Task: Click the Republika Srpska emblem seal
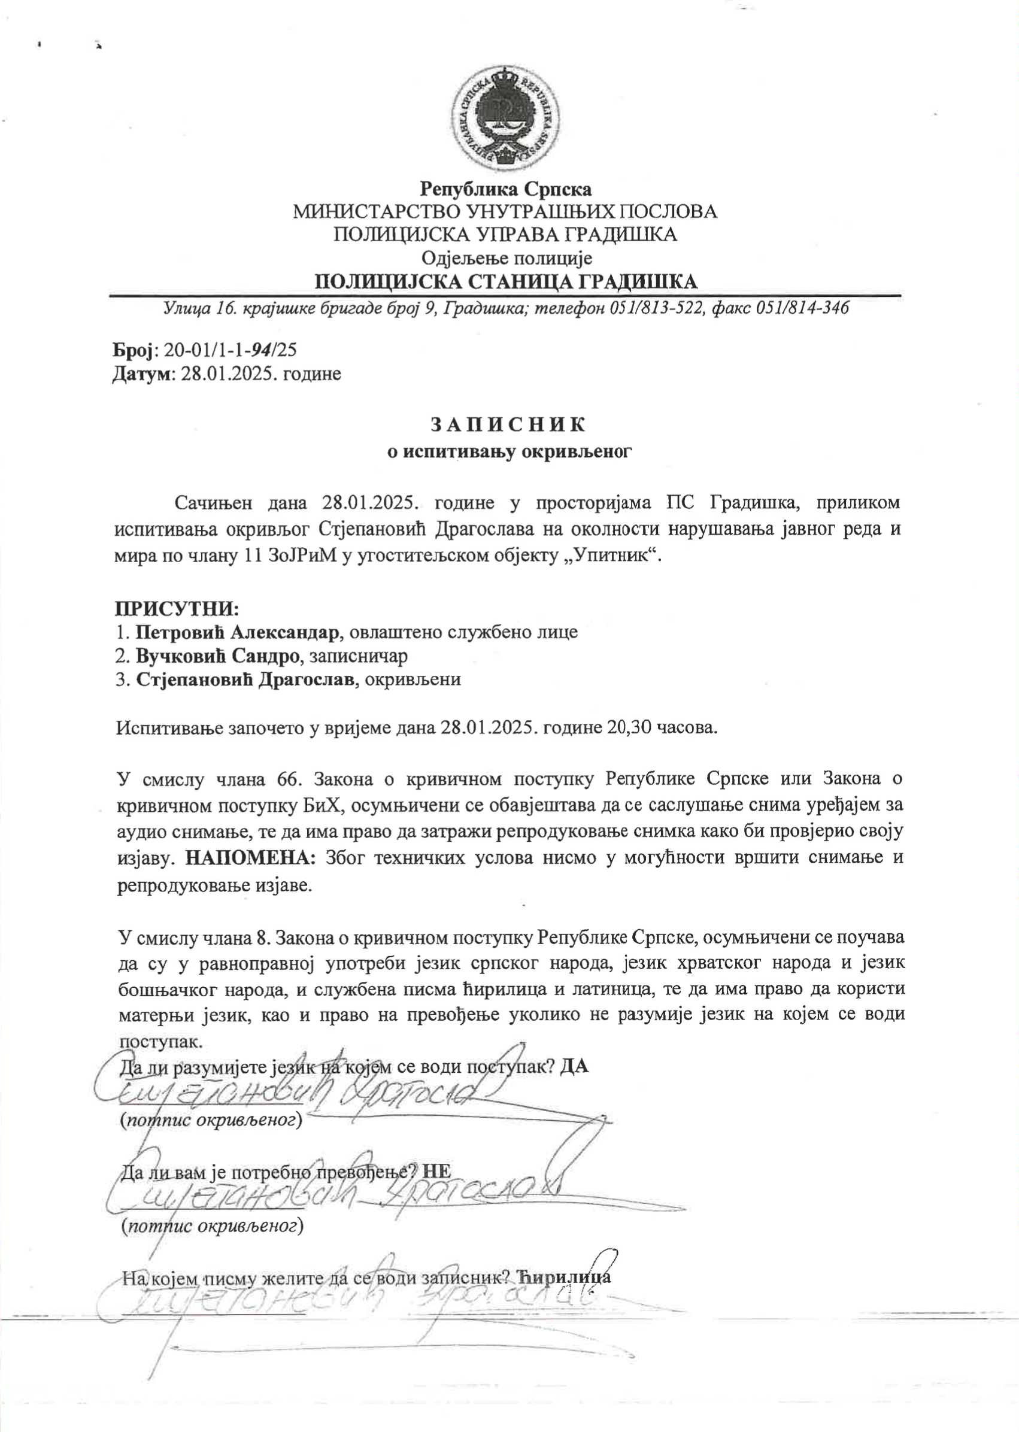tap(507, 119)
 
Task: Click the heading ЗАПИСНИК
tap(508, 424)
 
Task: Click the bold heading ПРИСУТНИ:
tap(177, 608)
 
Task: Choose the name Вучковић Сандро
tap(220, 656)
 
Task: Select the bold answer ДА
tap(574, 1066)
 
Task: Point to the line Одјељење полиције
tap(507, 258)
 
